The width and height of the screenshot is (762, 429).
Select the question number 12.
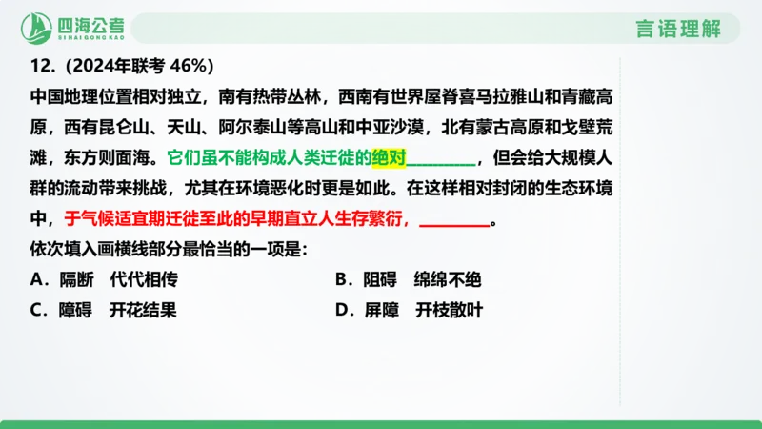40,67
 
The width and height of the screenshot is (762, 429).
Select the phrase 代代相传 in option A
144,279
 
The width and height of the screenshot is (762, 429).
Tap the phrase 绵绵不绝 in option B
448,279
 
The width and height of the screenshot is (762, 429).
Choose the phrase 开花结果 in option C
144,310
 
